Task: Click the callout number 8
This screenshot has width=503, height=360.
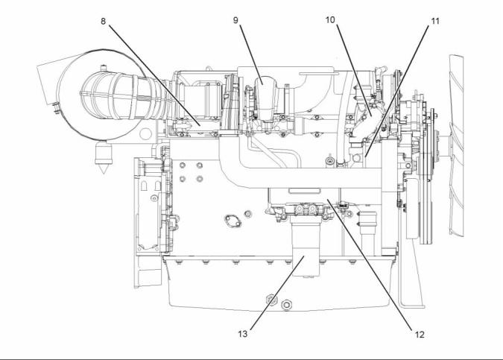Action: [104, 21]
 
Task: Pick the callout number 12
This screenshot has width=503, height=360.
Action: [422, 332]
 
